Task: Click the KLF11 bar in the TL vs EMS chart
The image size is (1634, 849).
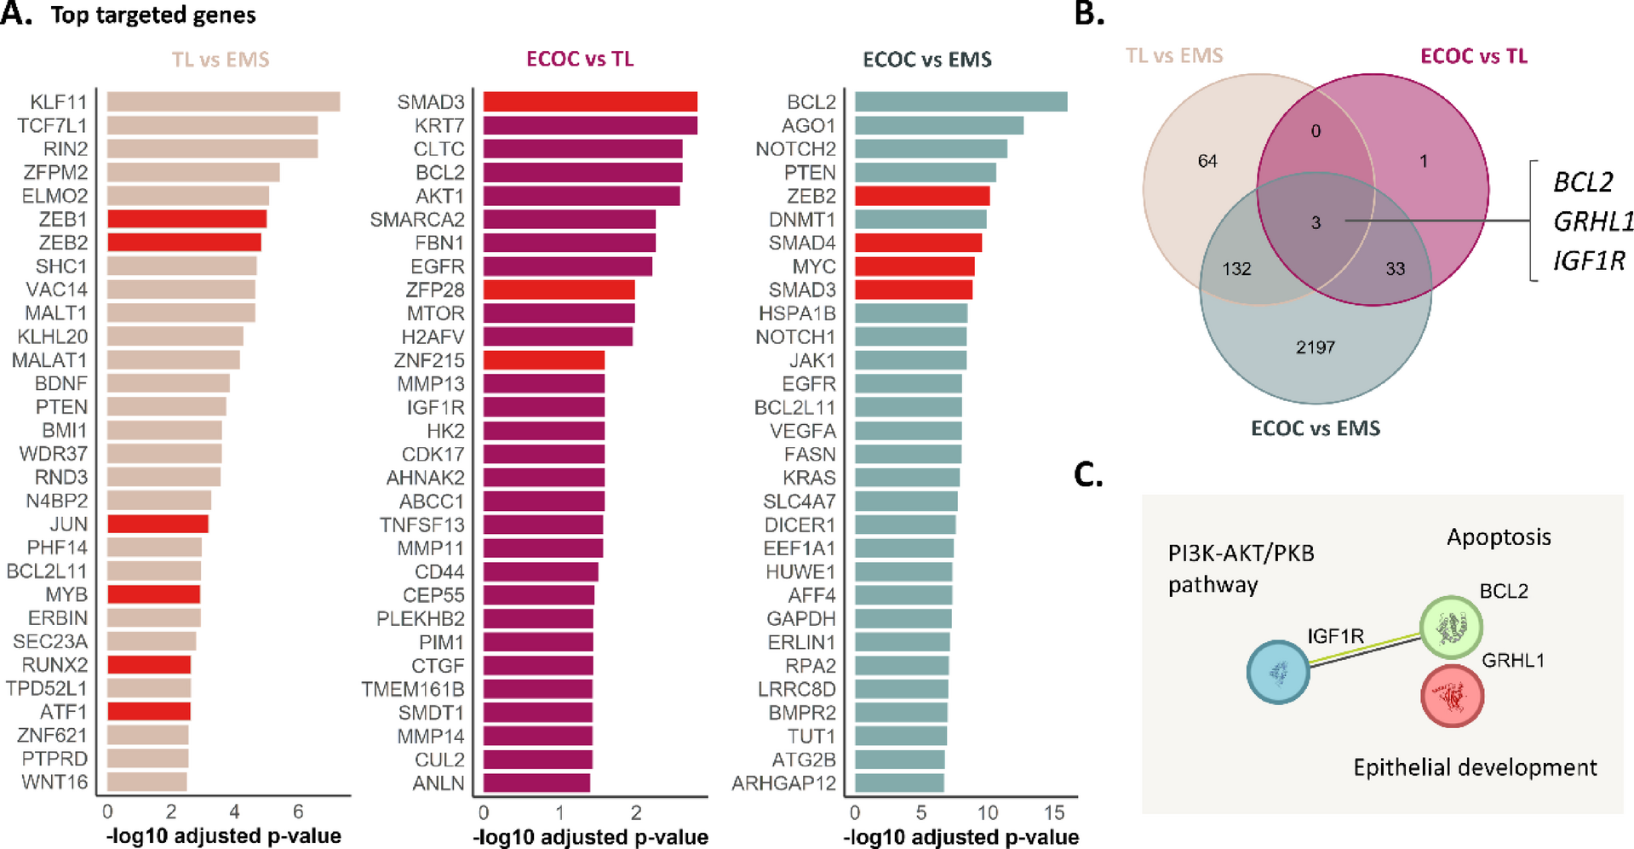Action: tap(223, 102)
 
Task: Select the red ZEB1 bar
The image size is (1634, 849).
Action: tap(186, 219)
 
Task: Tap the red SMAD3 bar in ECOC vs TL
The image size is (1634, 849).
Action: tap(590, 102)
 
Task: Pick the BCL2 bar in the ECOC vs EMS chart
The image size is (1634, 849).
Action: tap(960, 102)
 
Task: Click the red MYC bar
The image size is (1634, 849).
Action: tap(914, 267)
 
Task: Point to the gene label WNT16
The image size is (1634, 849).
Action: tap(54, 782)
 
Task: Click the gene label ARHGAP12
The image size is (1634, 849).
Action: tap(783, 783)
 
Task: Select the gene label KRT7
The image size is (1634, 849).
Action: tap(439, 126)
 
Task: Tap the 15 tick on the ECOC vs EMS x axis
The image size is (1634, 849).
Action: tap(1054, 812)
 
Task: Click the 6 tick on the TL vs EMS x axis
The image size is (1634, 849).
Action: tap(298, 812)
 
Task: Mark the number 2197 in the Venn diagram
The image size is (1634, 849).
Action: tap(1316, 347)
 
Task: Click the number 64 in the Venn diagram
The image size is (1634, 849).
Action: tap(1207, 161)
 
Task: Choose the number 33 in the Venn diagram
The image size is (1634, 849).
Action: tap(1396, 269)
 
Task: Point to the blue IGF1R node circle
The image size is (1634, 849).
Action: tap(1278, 672)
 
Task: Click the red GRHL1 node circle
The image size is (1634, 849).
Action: tap(1453, 696)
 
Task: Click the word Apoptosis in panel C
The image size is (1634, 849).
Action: tap(1499, 537)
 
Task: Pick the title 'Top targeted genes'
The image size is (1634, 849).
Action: tap(153, 15)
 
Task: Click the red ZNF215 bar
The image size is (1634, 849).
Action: tap(543, 360)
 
